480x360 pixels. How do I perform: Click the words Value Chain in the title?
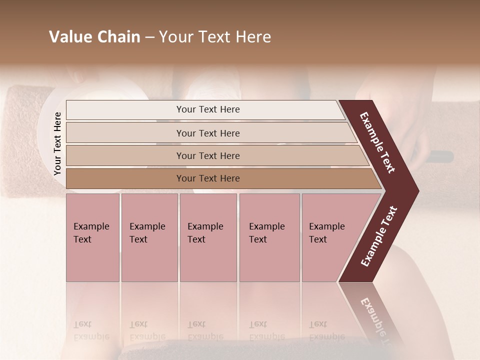coord(94,37)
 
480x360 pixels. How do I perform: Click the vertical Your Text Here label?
coord(57,143)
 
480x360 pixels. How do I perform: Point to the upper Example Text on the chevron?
coord(377,142)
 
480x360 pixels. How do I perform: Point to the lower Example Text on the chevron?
coord(378,236)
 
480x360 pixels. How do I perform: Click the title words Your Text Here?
coord(215,37)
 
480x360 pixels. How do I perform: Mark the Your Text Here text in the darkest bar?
coord(208,178)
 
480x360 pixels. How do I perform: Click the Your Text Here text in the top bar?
coord(208,109)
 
